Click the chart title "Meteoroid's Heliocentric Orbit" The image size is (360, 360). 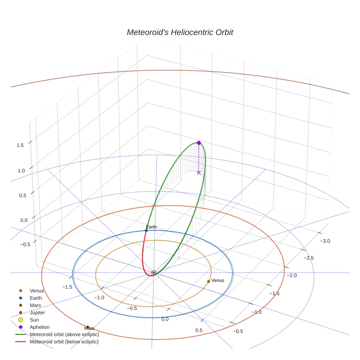coord(180,32)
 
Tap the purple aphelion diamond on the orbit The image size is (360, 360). coord(199,143)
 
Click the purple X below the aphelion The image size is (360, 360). coord(199,173)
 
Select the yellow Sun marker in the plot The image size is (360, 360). coord(154,273)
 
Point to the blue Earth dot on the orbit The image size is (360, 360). coord(146,230)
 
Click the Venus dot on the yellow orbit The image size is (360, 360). coord(209,281)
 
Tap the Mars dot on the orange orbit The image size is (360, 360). coord(88,327)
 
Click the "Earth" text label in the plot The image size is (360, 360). coord(151,227)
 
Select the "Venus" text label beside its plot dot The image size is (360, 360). coord(218,280)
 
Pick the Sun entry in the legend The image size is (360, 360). coord(29,320)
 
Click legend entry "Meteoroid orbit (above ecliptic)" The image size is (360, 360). coord(57,334)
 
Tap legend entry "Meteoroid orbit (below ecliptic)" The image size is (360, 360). coord(57,342)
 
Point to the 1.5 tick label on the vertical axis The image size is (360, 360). coord(20,145)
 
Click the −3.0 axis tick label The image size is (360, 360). coord(325,241)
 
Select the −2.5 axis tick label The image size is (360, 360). coord(308,258)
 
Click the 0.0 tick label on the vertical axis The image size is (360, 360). coord(24,220)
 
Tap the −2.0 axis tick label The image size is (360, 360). coord(292,275)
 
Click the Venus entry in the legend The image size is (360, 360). coord(32,290)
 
